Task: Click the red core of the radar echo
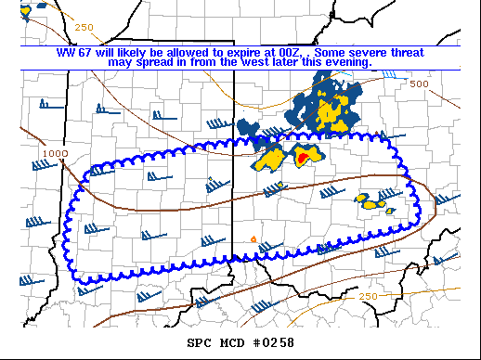tap(303, 159)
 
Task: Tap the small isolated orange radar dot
tap(253, 239)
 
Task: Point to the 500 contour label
tap(419, 84)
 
